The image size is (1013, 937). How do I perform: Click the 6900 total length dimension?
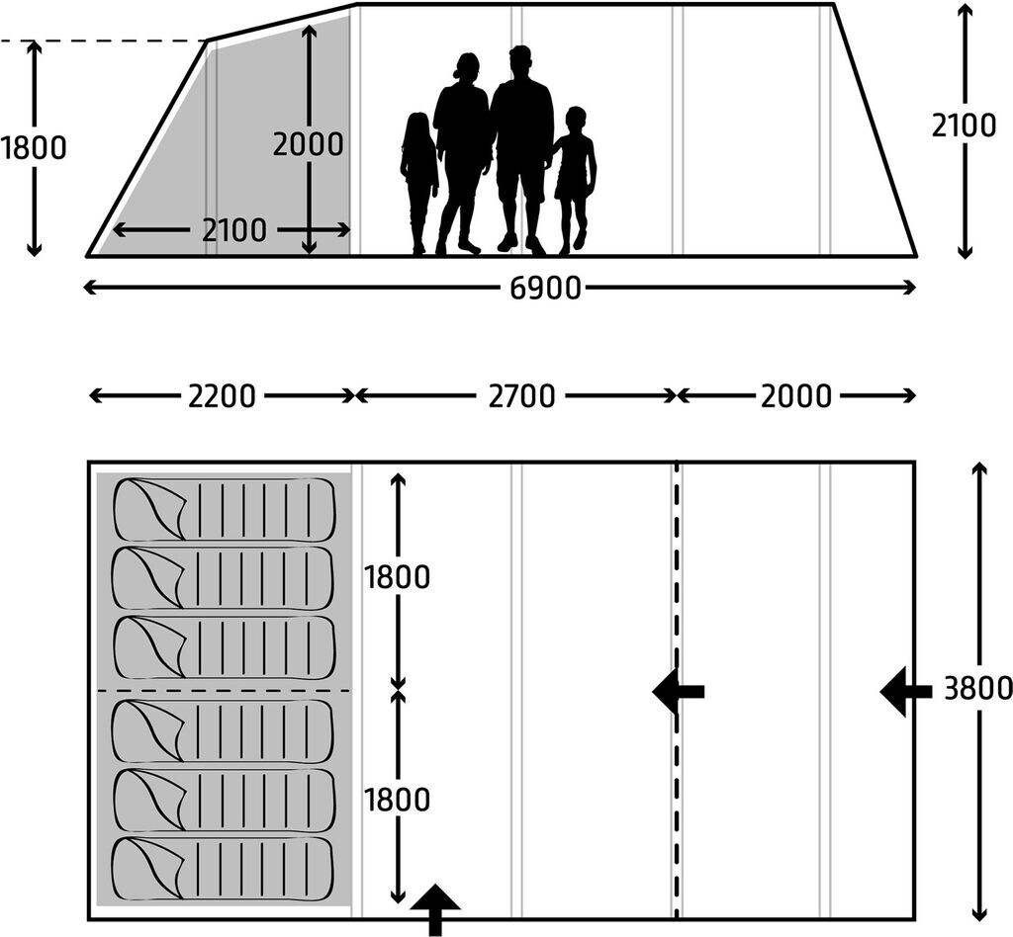545,289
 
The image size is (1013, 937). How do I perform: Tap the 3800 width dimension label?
977,689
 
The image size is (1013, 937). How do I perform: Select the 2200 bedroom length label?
222,396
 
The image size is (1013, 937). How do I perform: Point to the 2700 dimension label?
521,396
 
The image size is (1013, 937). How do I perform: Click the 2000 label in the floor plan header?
796,396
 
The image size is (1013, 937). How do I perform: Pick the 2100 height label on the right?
964,127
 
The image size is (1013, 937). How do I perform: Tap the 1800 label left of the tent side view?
34,148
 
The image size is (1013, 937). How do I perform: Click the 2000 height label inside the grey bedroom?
308,144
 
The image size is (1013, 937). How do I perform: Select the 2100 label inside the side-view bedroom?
234,230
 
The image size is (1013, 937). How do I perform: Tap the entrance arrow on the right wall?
904,691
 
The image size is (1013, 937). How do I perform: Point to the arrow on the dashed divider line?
678,691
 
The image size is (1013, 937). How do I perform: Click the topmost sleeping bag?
225,510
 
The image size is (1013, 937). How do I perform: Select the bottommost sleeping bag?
225,869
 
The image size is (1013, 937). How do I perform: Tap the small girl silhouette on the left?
418,178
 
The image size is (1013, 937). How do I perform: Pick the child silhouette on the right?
574,176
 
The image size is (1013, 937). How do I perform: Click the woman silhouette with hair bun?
461,148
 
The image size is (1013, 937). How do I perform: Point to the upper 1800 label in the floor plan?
398,577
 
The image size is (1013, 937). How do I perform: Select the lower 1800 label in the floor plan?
398,800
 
